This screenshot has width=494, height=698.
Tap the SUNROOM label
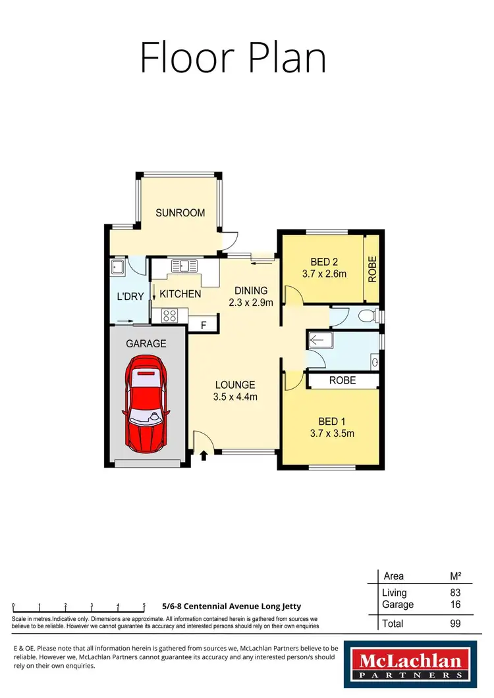pos(180,213)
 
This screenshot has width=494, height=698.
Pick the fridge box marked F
pos(202,324)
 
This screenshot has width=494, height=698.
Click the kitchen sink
pos(183,266)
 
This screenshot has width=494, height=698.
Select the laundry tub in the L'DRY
pos(118,267)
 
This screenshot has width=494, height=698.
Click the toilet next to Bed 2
pos(366,316)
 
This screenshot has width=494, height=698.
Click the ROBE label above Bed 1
pos(343,380)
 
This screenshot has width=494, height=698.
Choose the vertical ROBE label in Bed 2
pos(372,268)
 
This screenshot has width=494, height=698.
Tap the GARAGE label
pos(146,343)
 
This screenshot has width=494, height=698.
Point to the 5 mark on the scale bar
pos(144,606)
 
